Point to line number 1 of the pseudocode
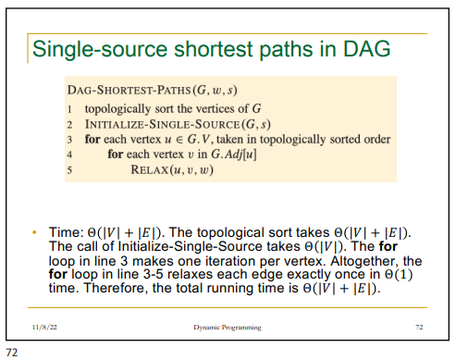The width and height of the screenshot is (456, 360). point(69,109)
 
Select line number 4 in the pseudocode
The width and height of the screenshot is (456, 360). point(69,155)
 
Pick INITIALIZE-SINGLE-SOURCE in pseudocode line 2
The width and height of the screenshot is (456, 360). point(147,124)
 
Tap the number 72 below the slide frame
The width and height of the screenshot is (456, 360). point(11,353)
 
